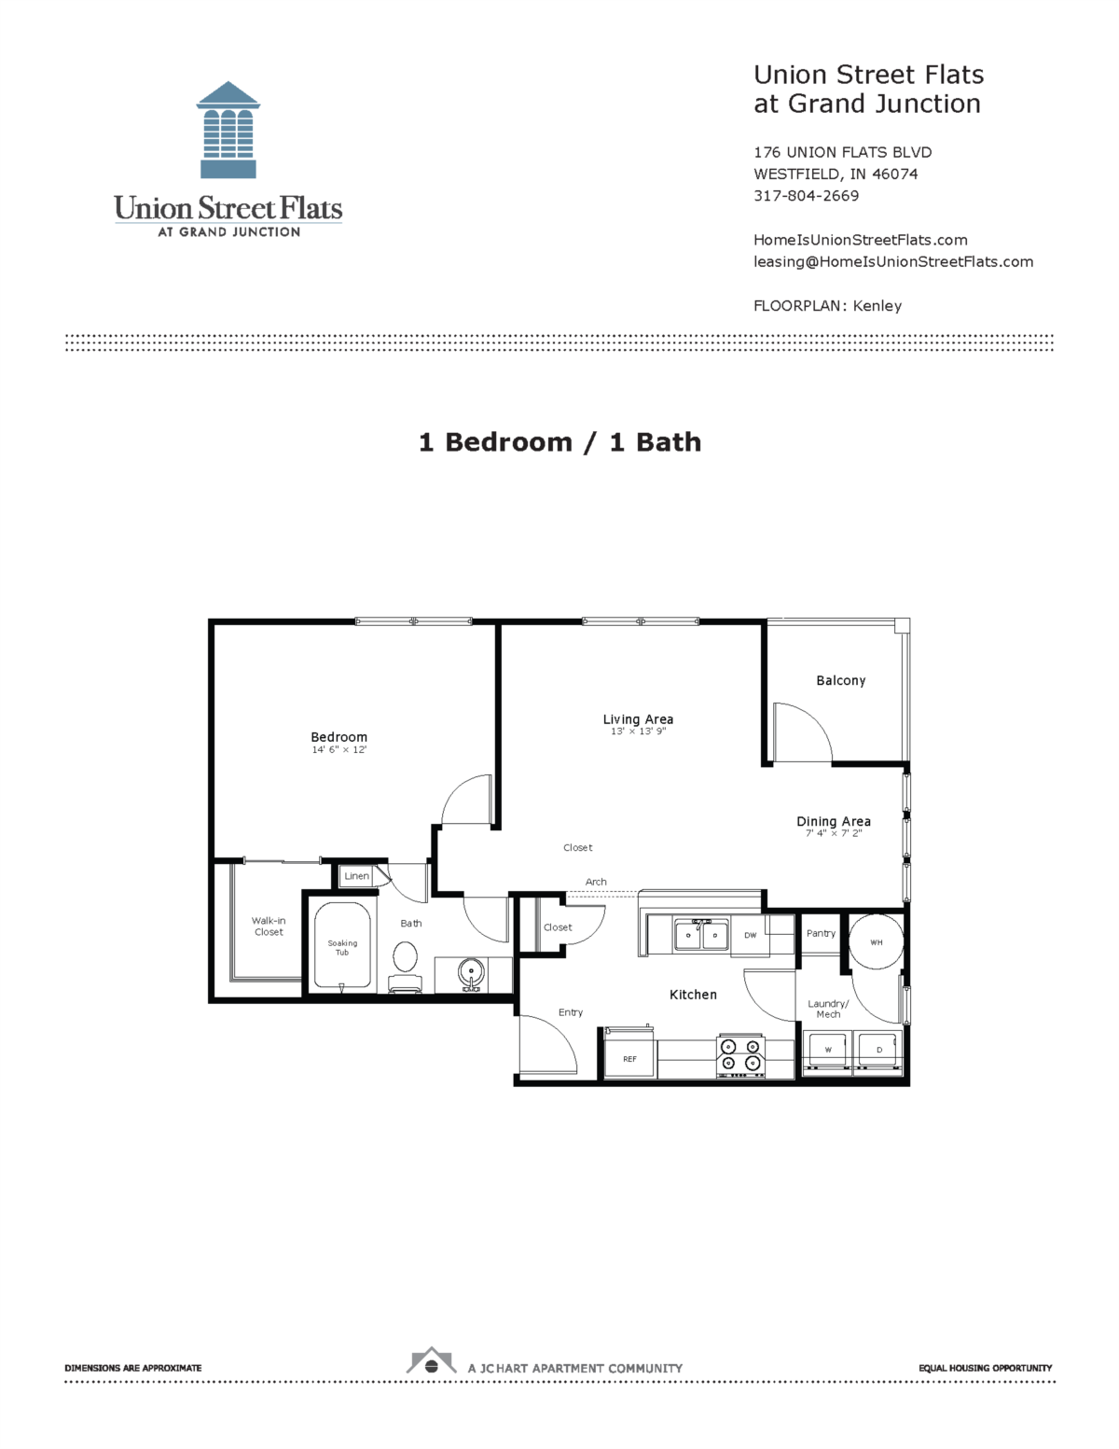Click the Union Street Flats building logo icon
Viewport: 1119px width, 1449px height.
[228, 130]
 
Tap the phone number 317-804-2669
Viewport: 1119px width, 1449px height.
[806, 196]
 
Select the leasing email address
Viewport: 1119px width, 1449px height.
[892, 262]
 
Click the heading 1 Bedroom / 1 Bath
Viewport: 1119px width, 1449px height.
[559, 442]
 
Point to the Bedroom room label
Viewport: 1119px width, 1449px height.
[338, 737]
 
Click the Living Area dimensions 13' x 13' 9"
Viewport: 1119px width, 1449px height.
[638, 731]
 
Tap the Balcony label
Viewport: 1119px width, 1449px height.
[840, 681]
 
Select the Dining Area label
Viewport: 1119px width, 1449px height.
[833, 821]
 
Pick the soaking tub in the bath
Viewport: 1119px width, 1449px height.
[342, 946]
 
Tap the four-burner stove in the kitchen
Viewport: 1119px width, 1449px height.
[740, 1055]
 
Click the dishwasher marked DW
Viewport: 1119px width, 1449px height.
[750, 935]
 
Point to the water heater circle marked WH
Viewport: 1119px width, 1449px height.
[876, 942]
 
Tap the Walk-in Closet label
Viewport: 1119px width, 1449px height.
[269, 927]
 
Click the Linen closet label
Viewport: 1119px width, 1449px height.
[356, 876]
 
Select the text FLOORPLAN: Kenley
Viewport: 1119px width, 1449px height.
[827, 306]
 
